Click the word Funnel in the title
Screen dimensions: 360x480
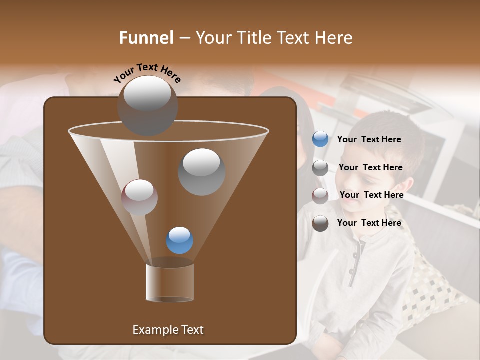point(146,38)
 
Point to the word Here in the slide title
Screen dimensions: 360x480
point(334,38)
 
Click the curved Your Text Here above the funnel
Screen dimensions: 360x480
point(147,72)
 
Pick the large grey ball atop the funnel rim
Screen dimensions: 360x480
point(147,105)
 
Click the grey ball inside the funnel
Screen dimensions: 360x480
point(201,171)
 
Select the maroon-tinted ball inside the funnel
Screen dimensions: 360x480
point(139,197)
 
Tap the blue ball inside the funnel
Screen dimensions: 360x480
point(179,240)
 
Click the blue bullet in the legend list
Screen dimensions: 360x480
point(320,139)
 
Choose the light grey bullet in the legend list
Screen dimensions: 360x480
point(320,167)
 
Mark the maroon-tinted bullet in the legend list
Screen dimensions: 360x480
point(320,195)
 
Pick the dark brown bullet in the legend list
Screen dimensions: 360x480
point(320,223)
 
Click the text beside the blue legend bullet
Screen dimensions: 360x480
point(369,139)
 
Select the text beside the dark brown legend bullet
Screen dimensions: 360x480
point(369,223)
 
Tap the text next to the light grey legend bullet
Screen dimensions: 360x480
point(370,167)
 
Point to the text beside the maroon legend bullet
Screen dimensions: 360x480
point(371,195)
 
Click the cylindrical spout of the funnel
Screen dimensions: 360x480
point(169,282)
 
